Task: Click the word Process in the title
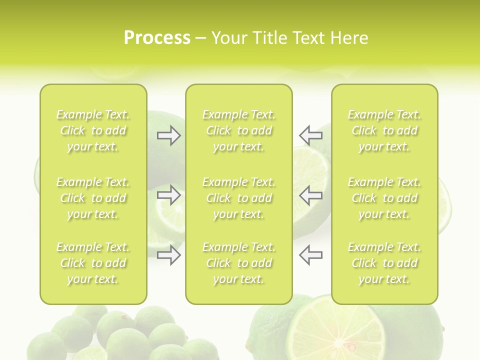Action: (157, 38)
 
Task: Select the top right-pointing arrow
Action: (168, 135)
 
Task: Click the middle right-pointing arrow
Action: (168, 195)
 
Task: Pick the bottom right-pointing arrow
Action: (168, 254)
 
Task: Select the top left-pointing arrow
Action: (310, 135)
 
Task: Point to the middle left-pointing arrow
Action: (310, 195)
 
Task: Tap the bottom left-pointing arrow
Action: (310, 254)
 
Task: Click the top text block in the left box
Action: (93, 130)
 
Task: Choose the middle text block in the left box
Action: (93, 198)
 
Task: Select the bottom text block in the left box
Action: (93, 263)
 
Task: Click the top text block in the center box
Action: (238, 130)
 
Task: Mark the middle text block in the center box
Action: (238, 198)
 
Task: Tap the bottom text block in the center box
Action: (238, 263)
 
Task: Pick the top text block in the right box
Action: (384, 130)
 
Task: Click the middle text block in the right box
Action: (384, 198)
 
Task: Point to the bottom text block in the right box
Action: (384, 263)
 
